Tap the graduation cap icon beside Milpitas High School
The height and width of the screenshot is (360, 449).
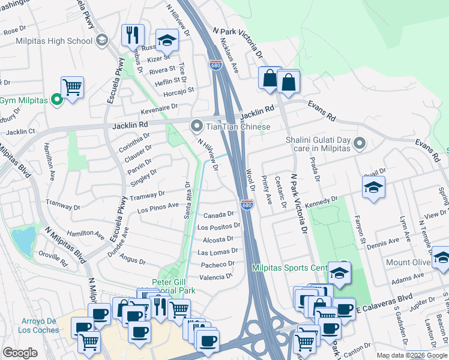click(x=101, y=40)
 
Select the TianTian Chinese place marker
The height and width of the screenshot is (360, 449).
click(x=196, y=127)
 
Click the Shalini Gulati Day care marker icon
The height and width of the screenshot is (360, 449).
click(x=360, y=143)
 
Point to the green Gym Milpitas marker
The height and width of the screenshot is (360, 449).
click(x=58, y=100)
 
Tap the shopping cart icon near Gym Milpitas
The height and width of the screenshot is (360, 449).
click(x=72, y=88)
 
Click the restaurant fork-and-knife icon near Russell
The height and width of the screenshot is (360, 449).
click(x=132, y=35)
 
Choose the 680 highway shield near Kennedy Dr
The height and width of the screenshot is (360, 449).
click(x=247, y=205)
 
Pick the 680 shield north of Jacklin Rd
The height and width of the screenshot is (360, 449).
click(x=216, y=65)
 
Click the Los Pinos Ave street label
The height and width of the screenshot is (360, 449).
click(x=158, y=208)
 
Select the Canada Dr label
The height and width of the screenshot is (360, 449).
click(x=218, y=215)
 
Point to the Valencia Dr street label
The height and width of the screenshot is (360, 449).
click(x=215, y=277)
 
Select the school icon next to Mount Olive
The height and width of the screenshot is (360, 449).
click(x=442, y=258)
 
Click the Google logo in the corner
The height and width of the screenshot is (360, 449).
click(x=20, y=353)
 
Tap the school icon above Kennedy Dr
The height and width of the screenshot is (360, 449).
click(x=373, y=187)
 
